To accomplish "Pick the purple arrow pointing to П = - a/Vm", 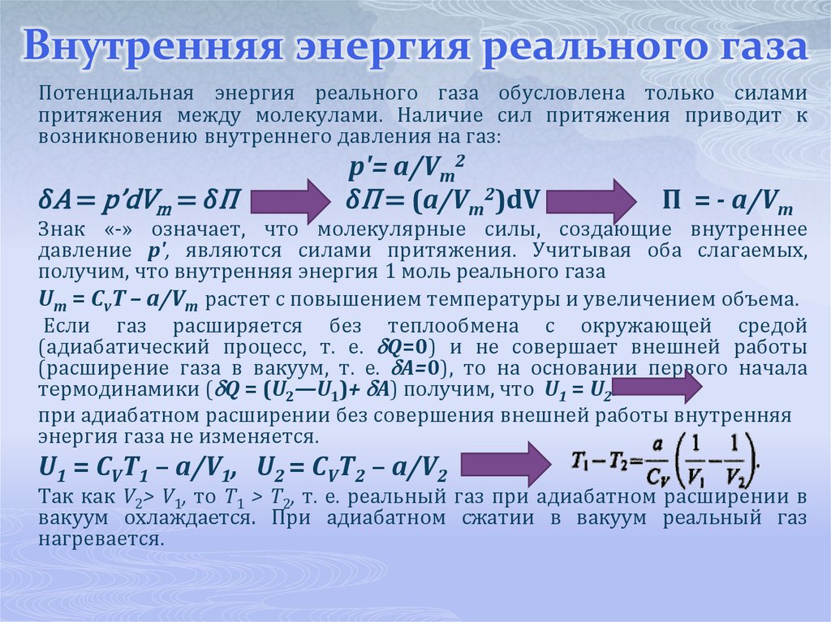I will (600, 199).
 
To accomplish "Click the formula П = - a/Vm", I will (728, 199).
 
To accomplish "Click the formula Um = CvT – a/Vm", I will (118, 299).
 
